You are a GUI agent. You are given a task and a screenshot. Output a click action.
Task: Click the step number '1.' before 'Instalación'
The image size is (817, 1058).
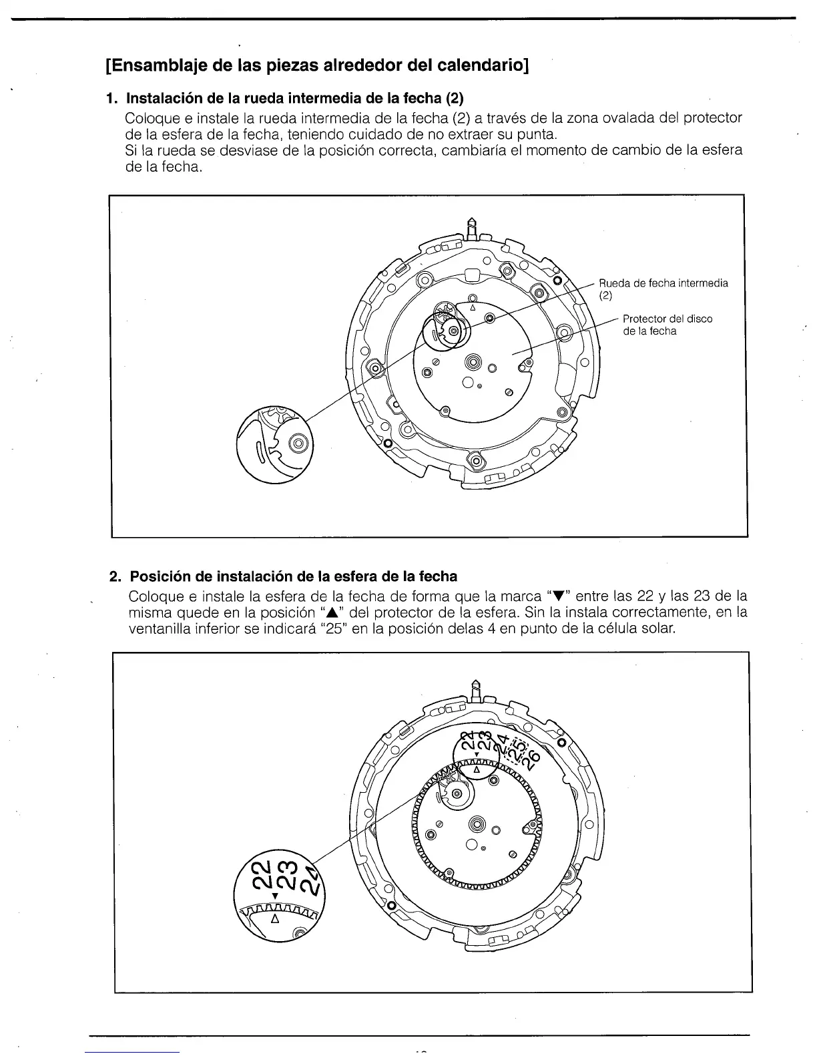pos(112,99)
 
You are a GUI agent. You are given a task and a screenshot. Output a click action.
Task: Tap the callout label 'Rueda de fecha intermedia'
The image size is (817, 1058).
pos(663,283)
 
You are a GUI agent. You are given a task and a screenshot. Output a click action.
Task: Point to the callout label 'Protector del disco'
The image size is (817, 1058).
pos(667,319)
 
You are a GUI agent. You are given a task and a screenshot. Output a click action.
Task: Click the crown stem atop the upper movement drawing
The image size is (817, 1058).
pos(471,227)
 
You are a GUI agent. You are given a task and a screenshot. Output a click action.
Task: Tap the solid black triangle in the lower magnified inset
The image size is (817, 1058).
pos(275,895)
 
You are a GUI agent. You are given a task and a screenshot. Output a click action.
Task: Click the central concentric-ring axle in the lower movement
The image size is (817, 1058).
pos(477,824)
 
